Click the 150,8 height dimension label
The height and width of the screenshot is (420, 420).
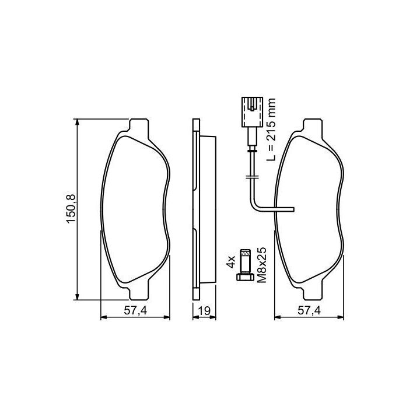click(72, 209)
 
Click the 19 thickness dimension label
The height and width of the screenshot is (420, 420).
click(204, 311)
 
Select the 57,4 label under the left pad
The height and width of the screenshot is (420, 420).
click(135, 311)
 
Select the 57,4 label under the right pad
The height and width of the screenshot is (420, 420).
click(309, 311)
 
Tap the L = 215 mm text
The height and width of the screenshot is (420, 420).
click(271, 129)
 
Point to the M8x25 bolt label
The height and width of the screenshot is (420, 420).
click(262, 265)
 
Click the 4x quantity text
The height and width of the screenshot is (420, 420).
click(230, 261)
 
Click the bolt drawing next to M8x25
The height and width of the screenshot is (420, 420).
click(245, 265)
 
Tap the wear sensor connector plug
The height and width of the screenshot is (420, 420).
click(253, 112)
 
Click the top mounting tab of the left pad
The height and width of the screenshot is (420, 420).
click(139, 125)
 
